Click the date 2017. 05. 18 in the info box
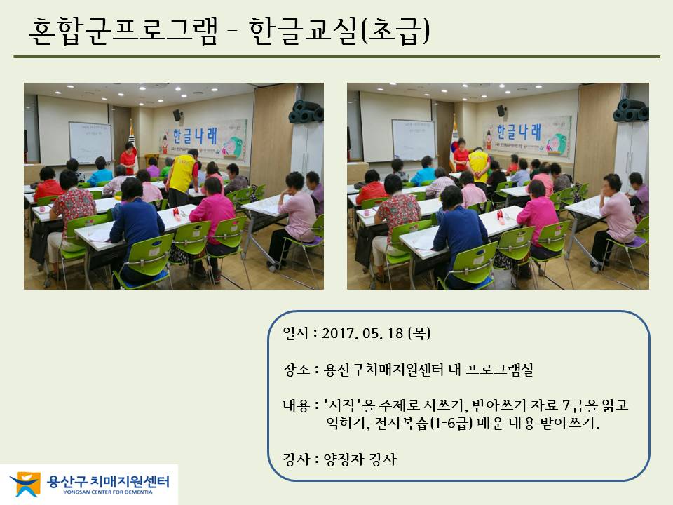pos(362,334)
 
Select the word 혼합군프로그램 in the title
pos(123,32)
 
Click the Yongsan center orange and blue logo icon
pos(25,483)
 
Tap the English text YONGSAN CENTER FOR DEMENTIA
pos(108,492)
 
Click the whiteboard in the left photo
pos(90,142)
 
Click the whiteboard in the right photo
pos(414,140)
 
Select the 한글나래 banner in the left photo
pos(203,139)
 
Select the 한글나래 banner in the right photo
pos(526,135)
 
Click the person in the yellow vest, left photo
pos(182,177)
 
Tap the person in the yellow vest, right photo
pos(478,166)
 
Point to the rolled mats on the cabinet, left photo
pos(306,112)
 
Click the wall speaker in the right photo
pos(501,110)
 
